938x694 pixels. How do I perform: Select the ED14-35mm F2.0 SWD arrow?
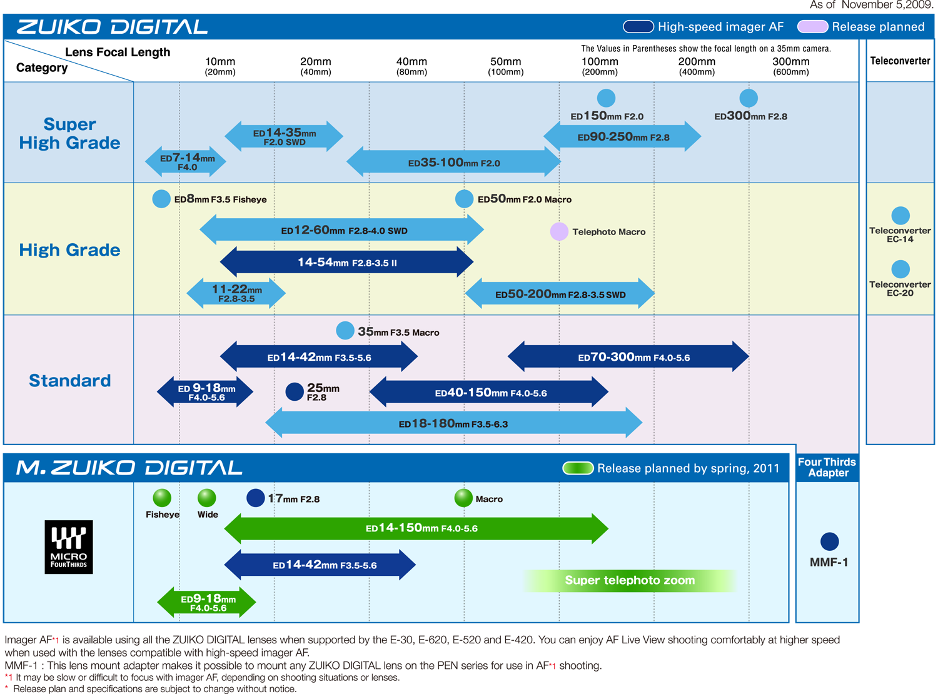(284, 137)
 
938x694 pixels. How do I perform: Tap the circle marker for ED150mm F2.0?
(606, 98)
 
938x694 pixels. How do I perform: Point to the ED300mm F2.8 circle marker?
(749, 98)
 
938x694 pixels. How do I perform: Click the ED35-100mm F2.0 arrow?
(453, 163)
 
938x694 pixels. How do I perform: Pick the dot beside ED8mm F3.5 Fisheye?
(161, 199)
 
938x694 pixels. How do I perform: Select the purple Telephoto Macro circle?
(559, 231)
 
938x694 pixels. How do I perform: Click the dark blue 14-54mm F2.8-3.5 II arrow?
(347, 262)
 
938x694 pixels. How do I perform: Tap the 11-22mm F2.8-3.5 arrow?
(236, 293)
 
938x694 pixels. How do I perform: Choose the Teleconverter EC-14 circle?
(900, 216)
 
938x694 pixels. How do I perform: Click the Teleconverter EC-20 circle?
(900, 269)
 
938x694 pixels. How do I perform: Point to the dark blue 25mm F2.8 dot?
(295, 392)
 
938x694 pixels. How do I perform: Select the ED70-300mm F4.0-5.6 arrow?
(628, 357)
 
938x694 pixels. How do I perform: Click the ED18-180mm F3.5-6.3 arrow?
(453, 423)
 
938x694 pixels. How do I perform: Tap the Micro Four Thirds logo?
(69, 547)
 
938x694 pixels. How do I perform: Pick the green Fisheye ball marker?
(162, 498)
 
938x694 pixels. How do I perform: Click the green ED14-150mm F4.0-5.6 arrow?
(416, 528)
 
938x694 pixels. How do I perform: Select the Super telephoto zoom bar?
(630, 580)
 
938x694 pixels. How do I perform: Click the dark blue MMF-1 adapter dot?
(829, 541)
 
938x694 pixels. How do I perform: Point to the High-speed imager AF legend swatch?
(638, 27)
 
